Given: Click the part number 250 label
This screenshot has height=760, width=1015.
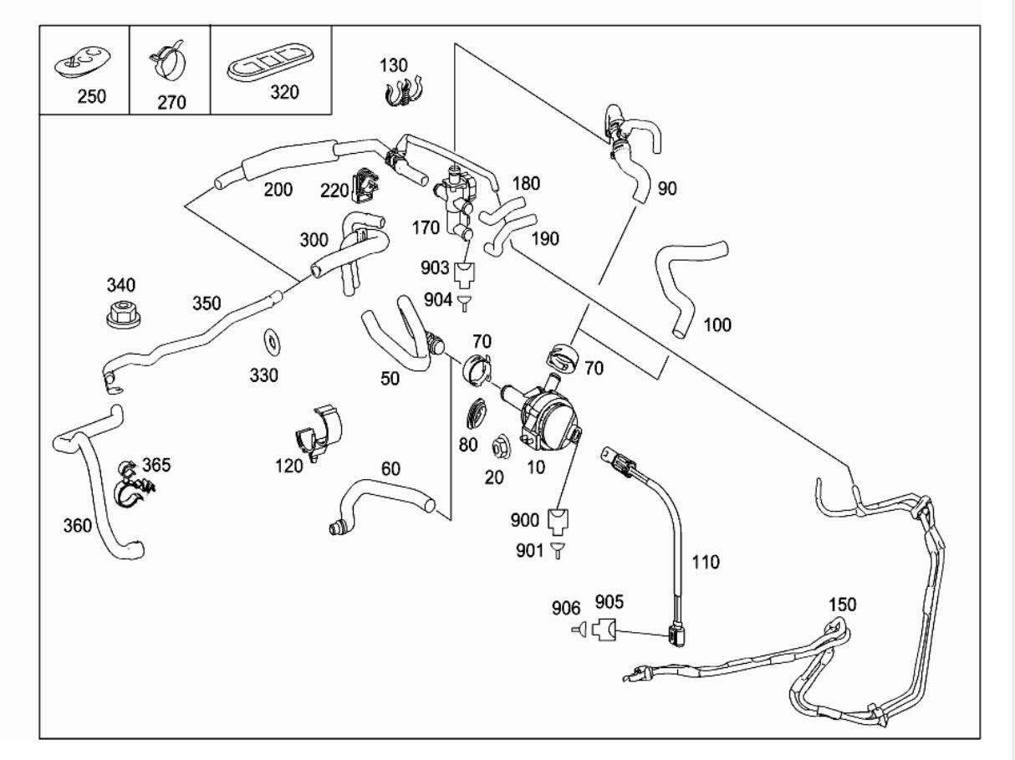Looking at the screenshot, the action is [92, 97].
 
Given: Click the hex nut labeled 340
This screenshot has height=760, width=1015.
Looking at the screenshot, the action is [124, 314].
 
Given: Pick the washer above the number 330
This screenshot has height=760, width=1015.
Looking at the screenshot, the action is [272, 343].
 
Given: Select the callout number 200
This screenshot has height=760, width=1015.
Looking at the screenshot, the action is [278, 190].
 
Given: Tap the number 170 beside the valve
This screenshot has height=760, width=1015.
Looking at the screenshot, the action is [426, 228].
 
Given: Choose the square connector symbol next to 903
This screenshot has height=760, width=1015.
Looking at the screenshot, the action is [465, 274].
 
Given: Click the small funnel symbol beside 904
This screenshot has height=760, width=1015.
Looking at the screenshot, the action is [464, 303].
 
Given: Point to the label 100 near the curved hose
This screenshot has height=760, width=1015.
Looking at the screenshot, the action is [717, 325].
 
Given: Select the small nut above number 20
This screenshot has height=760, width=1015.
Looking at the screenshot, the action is [500, 446].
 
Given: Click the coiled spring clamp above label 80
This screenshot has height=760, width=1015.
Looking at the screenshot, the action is [477, 413].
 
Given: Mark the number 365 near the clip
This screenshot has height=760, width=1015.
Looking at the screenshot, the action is [156, 465].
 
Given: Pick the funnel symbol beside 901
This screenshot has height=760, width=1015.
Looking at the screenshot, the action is [557, 550].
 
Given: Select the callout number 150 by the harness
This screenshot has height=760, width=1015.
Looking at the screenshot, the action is [843, 604].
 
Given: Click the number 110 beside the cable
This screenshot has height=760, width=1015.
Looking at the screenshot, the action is [706, 562].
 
